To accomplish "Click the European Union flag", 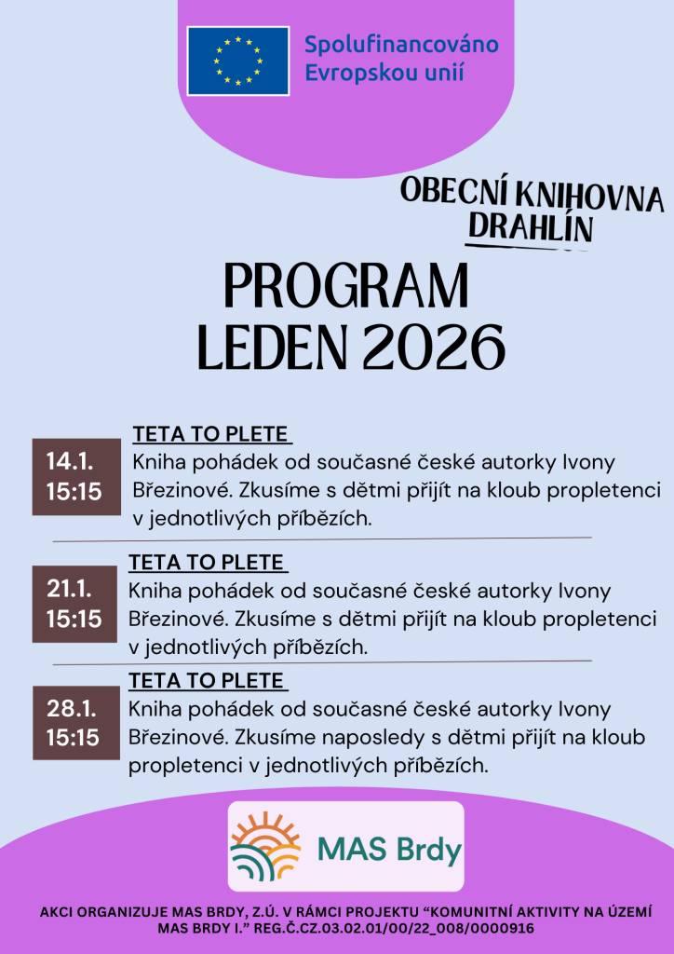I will (x=237, y=60).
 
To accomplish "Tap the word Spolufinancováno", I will (x=401, y=44).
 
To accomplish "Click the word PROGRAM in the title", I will (x=346, y=287).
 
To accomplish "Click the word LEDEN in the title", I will (x=272, y=348).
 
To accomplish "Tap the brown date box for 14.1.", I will (x=75, y=476).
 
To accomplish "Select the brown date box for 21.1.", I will (x=75, y=603).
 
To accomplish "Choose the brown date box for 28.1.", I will (x=75, y=723).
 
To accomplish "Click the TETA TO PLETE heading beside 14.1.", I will (x=212, y=435).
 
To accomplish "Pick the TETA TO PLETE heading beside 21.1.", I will (x=208, y=563).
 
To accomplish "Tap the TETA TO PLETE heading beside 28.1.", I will (x=208, y=679).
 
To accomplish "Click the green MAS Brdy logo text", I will (x=389, y=849).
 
